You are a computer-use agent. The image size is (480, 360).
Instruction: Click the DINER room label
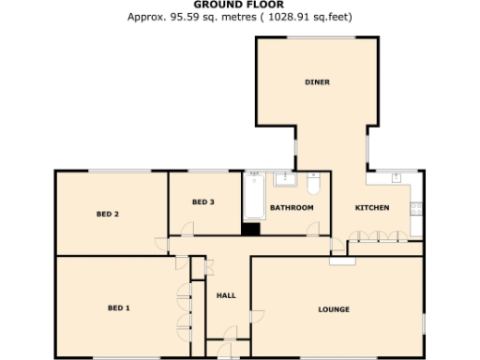317,82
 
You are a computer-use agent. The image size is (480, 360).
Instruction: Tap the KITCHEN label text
372,207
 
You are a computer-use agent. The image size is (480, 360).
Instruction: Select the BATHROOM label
292,207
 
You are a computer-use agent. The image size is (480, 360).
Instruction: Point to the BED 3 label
203,202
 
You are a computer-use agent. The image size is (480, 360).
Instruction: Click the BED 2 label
108,215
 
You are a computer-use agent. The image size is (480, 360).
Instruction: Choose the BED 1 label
118,307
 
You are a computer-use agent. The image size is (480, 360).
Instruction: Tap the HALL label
226,295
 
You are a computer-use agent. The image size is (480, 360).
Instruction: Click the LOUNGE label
334,308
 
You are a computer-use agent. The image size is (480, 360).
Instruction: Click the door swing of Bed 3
188,228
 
